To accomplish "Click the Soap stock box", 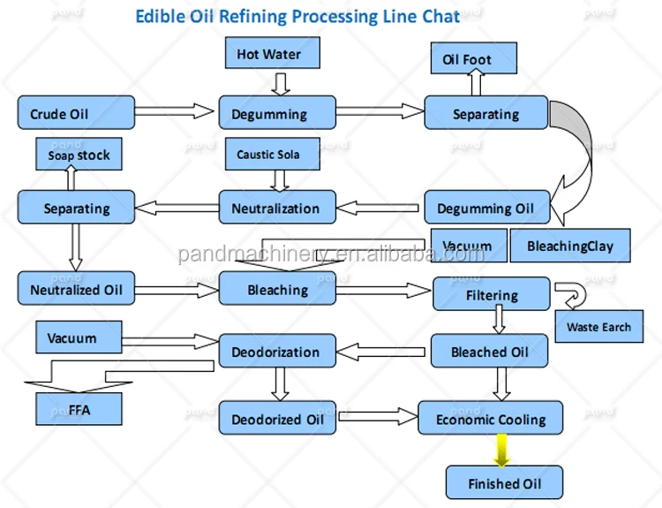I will [79, 155].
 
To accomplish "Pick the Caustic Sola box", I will [268, 155].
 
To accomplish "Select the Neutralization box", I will [275, 209].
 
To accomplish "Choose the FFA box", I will [79, 409].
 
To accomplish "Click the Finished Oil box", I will [504, 483].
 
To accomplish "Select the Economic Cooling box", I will [491, 420].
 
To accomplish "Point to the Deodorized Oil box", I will [277, 420].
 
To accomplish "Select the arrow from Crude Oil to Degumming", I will [177, 112].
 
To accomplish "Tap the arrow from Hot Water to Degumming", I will [280, 83].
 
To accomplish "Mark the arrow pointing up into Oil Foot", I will [477, 85].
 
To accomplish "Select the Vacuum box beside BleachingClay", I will [468, 246].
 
